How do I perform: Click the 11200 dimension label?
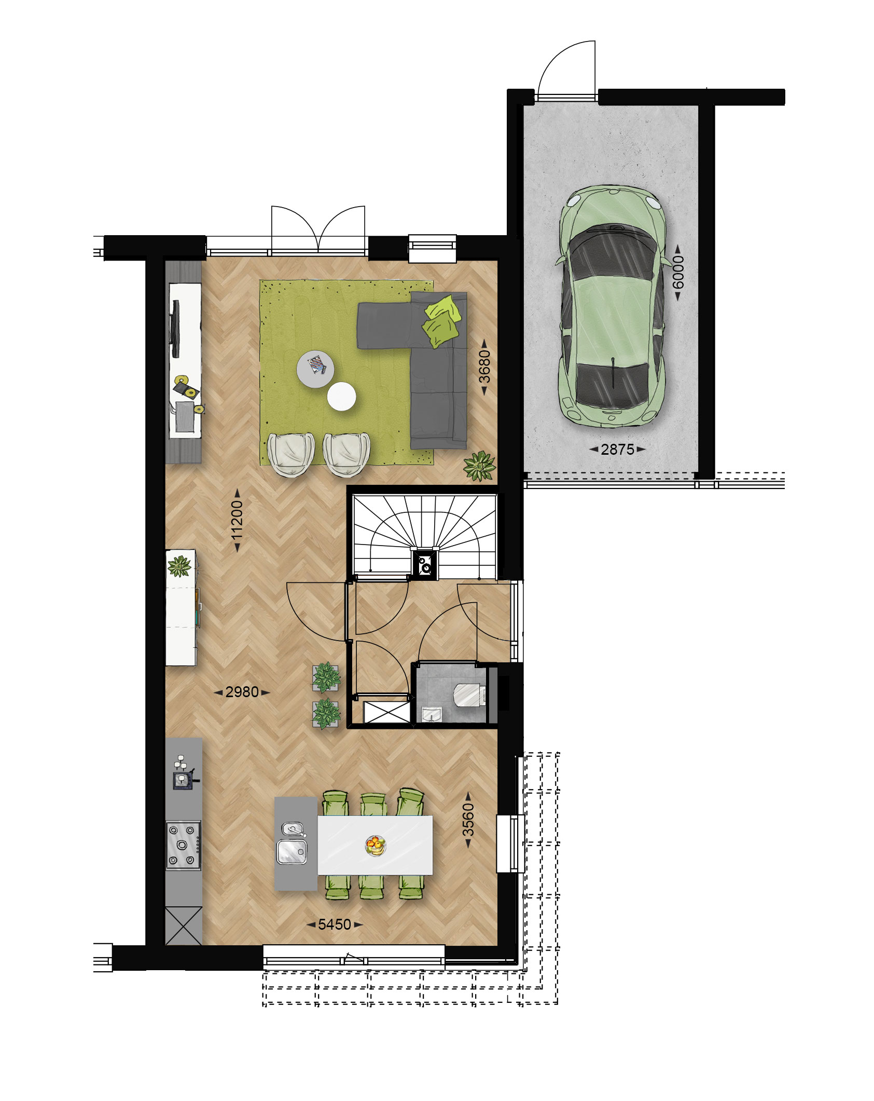237,520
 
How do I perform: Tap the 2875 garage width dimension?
617,449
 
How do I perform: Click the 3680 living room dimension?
484,366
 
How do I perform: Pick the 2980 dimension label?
242,692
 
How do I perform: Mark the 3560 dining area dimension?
468,820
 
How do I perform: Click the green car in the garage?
612,306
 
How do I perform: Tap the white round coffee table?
341,397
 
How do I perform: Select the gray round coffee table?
315,369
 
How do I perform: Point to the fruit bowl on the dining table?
376,846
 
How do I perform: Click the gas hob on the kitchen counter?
183,845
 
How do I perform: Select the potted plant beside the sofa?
479,466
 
